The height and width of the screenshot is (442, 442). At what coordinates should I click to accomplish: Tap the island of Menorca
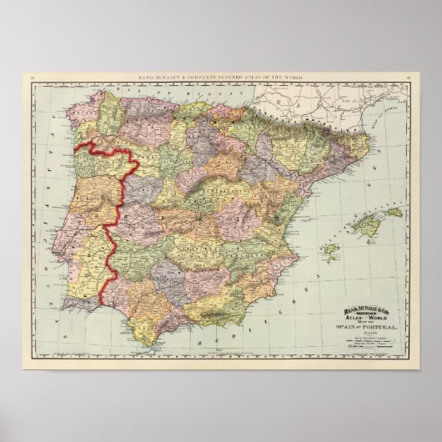(390, 213)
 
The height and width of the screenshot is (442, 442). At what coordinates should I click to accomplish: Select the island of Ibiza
(330, 248)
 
